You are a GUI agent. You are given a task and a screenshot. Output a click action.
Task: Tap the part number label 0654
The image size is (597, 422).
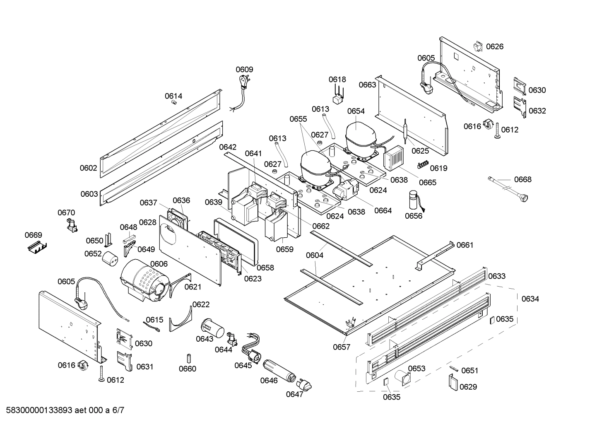coord(356,111)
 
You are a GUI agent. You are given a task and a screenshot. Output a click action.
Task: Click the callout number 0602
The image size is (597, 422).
coord(88,168)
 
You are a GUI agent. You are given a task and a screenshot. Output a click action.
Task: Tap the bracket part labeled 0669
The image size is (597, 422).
coord(36,248)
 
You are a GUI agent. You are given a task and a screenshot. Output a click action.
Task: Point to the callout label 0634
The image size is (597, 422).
coord(530,299)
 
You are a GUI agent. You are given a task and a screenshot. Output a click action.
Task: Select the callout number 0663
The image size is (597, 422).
coord(367,85)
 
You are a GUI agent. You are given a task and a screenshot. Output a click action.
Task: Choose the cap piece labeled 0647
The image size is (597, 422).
coord(305,385)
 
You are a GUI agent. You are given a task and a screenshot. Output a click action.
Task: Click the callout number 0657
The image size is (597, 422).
coord(342,347)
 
